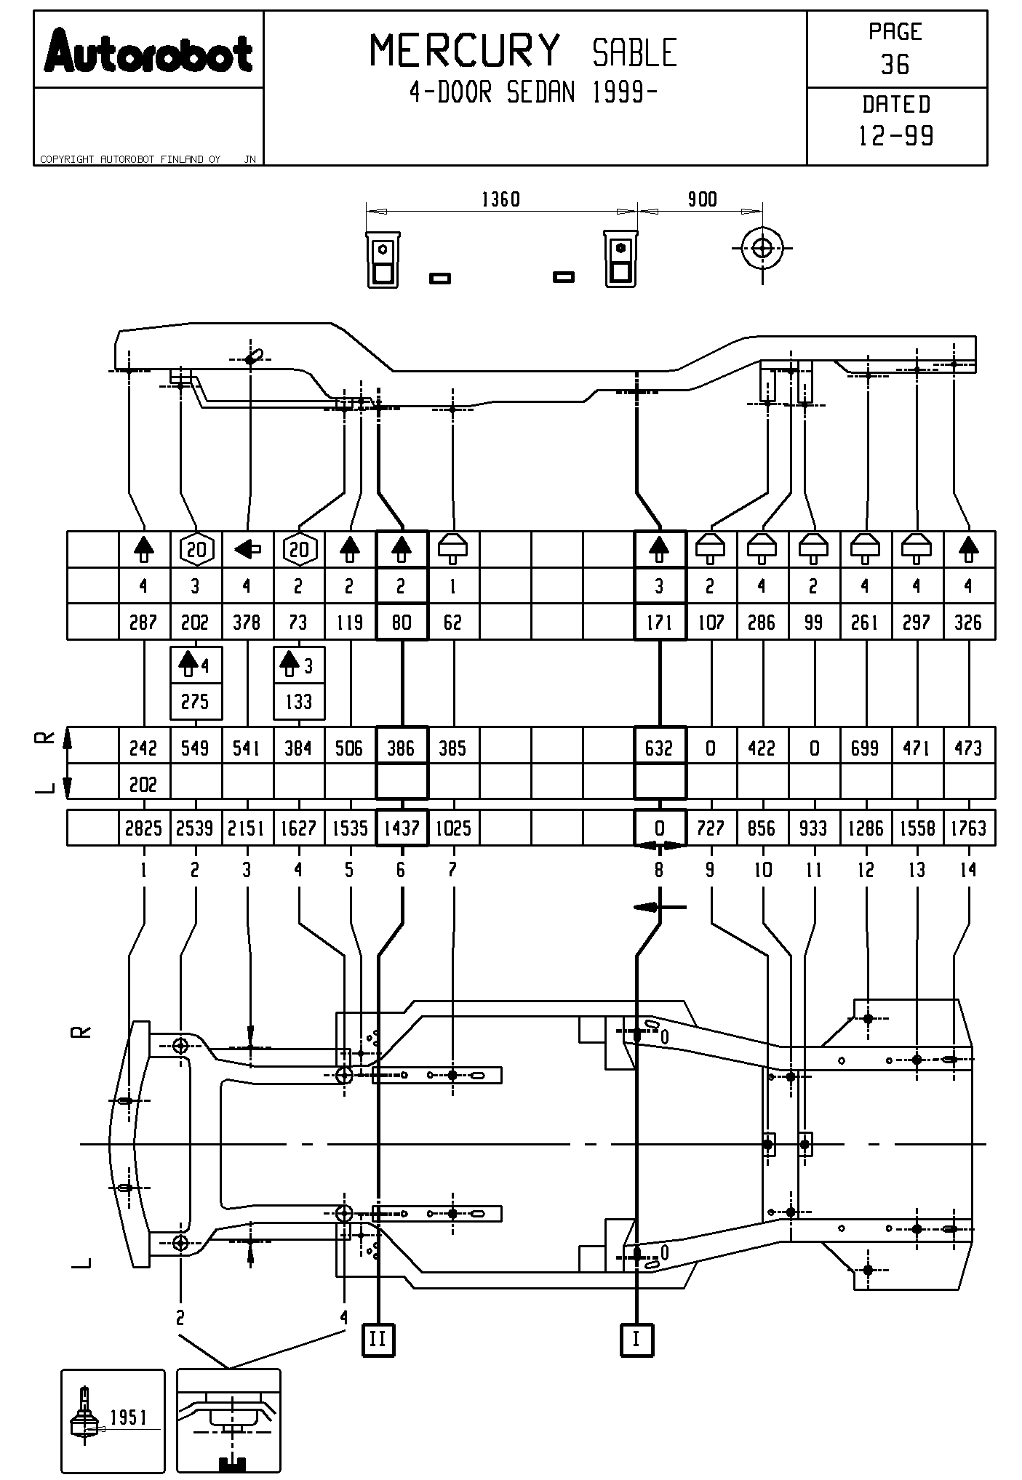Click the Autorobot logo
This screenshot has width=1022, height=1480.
pos(148,51)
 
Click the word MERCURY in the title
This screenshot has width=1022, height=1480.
pos(466,51)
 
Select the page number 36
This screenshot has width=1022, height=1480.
pos(895,65)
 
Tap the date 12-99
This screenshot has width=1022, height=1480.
pos(896,136)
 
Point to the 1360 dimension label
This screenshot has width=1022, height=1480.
pos(501,199)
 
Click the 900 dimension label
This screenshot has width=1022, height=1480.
pos(702,199)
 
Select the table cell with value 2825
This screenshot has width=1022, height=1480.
pos(143,828)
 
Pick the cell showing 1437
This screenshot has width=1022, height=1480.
pos(402,828)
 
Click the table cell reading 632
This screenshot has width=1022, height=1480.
pos(659,748)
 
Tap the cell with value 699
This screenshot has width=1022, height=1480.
pos(865,748)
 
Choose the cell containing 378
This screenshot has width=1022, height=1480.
pos(247,623)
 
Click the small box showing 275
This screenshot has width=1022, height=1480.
pos(195,702)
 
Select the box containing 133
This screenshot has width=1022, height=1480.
pos(298,702)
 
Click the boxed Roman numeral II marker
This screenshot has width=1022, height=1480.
pos(378,1339)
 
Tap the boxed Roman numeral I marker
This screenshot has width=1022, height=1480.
pos(636,1339)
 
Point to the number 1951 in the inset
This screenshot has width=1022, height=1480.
pos(129,1417)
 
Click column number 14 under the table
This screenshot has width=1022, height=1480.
pos(968,870)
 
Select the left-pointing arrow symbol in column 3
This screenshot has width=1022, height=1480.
pos(247,550)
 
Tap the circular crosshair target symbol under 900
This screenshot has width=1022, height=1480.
pos(762,248)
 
